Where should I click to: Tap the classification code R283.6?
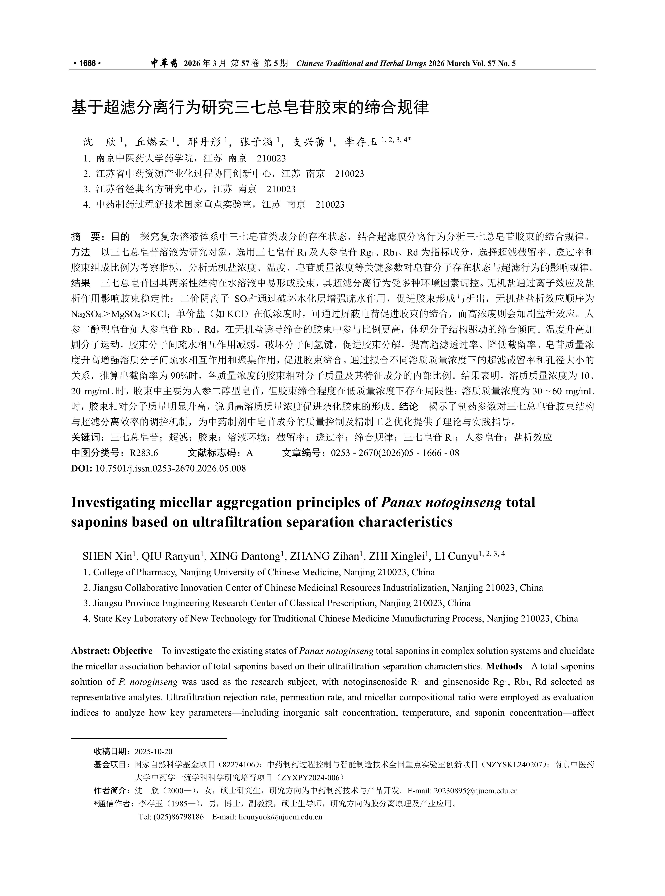coord(144,453)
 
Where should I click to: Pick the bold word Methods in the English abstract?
coord(504,666)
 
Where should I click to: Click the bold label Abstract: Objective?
coord(112,651)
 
